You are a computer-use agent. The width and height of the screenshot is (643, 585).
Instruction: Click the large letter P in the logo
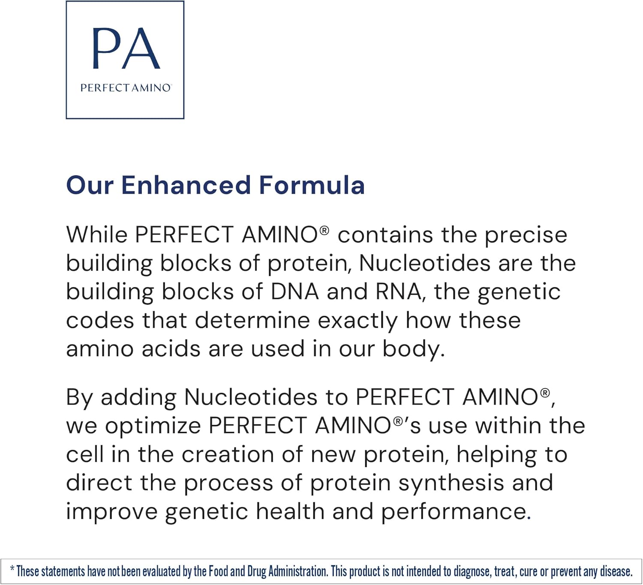pyautogui.click(x=106, y=48)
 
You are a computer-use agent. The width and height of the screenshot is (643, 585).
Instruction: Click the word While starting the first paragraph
pyautogui.click(x=96, y=235)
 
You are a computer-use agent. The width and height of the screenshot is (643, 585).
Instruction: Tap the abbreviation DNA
pyautogui.click(x=295, y=292)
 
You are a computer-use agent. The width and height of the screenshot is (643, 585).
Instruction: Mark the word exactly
pyautogui.click(x=358, y=322)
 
